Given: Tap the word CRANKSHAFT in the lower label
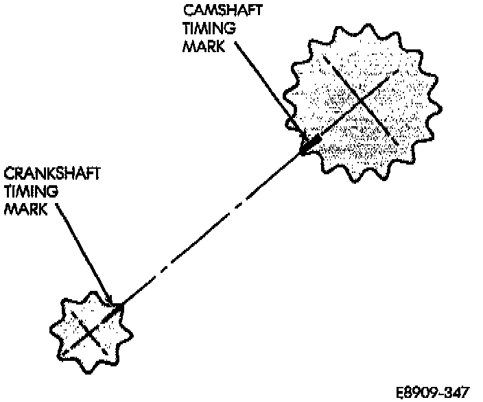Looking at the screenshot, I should click(52, 173).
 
